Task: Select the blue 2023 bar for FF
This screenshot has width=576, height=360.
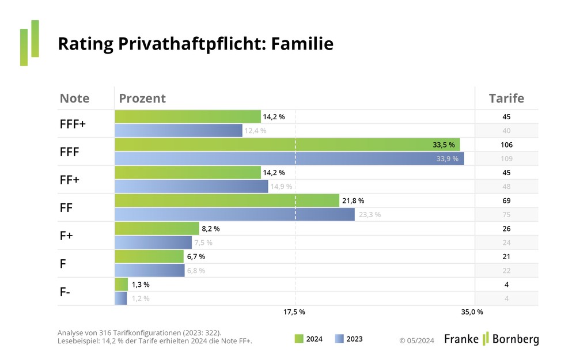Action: [x=234, y=214]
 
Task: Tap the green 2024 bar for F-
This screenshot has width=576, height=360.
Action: [x=122, y=285]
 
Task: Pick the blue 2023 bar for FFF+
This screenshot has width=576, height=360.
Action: [x=179, y=131]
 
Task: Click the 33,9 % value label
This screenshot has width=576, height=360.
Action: [x=447, y=158]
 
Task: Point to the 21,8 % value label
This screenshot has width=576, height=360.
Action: [x=354, y=200]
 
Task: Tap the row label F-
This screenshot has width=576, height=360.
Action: [x=65, y=291]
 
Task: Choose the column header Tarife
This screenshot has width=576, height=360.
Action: [x=506, y=98]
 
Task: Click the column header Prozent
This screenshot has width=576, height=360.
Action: [x=142, y=98]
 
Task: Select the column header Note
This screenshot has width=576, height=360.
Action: [x=74, y=98]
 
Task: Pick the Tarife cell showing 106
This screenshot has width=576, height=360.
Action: [x=506, y=145]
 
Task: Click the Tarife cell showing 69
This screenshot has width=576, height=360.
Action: [x=506, y=200]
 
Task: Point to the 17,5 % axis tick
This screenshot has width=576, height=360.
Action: [x=294, y=312]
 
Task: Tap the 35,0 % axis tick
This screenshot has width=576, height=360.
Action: [x=472, y=312]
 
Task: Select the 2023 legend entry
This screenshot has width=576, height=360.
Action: [x=349, y=339]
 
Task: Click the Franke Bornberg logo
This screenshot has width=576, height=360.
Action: [x=491, y=339]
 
